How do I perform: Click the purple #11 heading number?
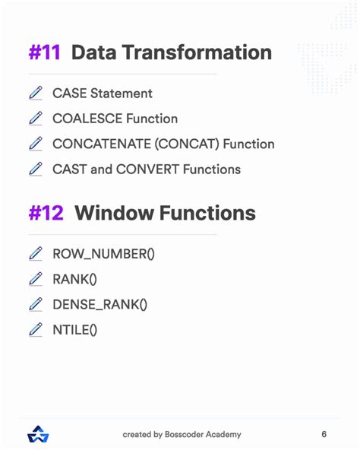pyautogui.click(x=45, y=52)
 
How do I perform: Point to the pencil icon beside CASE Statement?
pyautogui.click(x=36, y=93)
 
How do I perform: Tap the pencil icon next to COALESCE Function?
pyautogui.click(x=36, y=119)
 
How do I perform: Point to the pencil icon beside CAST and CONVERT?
pyautogui.click(x=36, y=169)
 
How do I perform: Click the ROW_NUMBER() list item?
pyautogui.click(x=103, y=254)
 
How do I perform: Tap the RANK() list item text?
pyautogui.click(x=74, y=279)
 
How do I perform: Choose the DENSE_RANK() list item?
pyautogui.click(x=99, y=304)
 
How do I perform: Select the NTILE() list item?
pyautogui.click(x=74, y=329)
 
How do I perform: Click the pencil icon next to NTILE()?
pyautogui.click(x=36, y=329)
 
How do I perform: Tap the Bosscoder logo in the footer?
pyautogui.click(x=37, y=434)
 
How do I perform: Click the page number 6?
pyautogui.click(x=324, y=434)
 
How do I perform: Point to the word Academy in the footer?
pyautogui.click(x=223, y=434)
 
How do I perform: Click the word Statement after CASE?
pyautogui.click(x=121, y=93)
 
